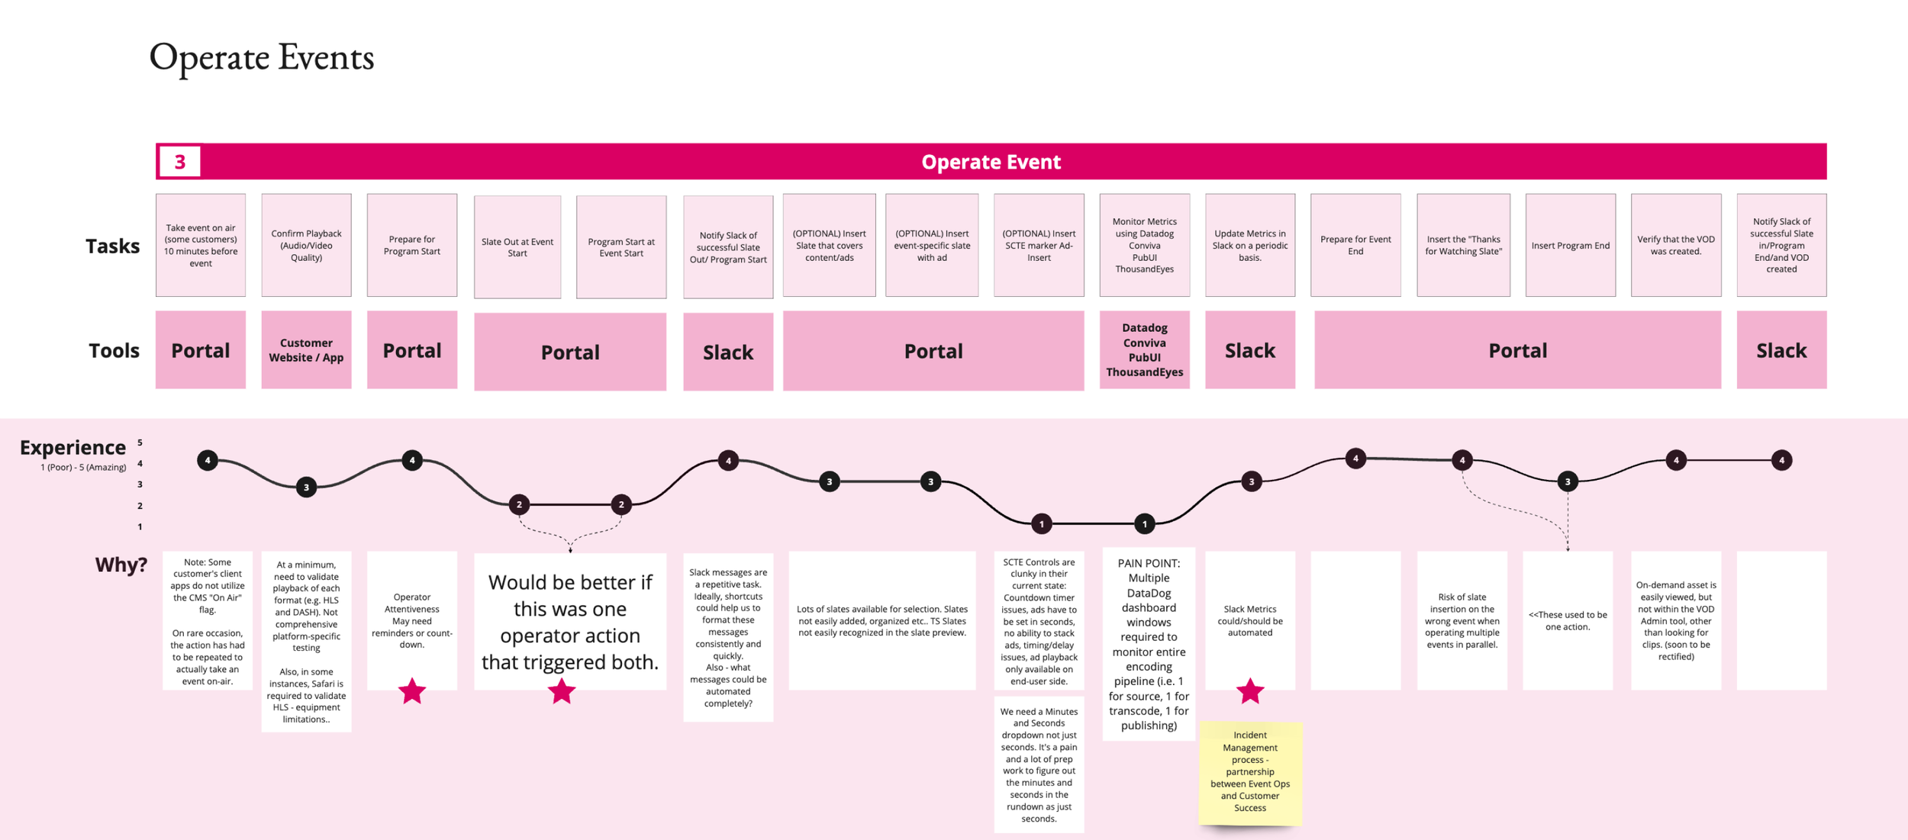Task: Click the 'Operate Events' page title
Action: tap(261, 58)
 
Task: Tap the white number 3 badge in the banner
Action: tap(179, 162)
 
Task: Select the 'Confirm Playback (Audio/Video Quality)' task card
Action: tap(306, 245)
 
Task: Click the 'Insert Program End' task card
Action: tap(1570, 245)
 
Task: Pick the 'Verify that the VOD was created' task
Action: tap(1675, 245)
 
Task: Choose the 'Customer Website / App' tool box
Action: tap(306, 350)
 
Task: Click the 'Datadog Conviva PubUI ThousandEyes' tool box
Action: tap(1144, 350)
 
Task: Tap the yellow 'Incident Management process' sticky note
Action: tap(1249, 771)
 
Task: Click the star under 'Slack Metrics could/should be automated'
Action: tap(1250, 691)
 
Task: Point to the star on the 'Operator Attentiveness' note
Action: tap(412, 691)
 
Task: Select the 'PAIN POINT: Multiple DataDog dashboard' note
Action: tap(1149, 645)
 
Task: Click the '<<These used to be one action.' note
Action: tap(1568, 620)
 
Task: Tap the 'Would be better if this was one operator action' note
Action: tap(569, 621)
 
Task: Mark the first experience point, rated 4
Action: tap(208, 460)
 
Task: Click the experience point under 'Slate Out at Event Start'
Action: tap(519, 504)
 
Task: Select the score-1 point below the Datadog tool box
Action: tap(1144, 523)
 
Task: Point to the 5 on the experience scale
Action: tap(140, 443)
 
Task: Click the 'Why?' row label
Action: tap(121, 565)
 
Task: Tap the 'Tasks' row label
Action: tap(112, 246)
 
